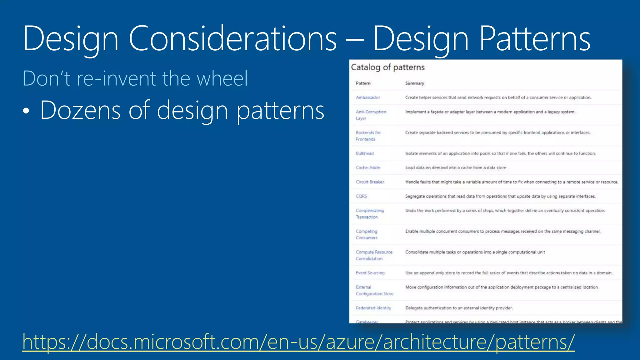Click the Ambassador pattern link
pyautogui.click(x=368, y=97)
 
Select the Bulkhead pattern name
pyautogui.click(x=365, y=153)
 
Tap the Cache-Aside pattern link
pyautogui.click(x=368, y=168)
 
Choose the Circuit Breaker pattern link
pyautogui.click(x=370, y=182)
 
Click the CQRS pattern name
pyautogui.click(x=361, y=196)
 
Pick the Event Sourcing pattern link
pyautogui.click(x=370, y=273)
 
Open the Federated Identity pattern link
pyautogui.click(x=373, y=308)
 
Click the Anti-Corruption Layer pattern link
pyautogui.click(x=371, y=115)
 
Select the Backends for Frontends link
pyautogui.click(x=368, y=136)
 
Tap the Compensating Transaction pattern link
pyautogui.click(x=370, y=214)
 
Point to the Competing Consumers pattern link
pyautogui.click(x=367, y=234)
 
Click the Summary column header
pyautogui.click(x=414, y=83)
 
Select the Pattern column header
pyautogui.click(x=363, y=83)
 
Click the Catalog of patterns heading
pyautogui.click(x=387, y=67)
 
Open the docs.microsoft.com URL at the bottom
pyautogui.click(x=298, y=342)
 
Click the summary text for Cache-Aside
pyautogui.click(x=455, y=168)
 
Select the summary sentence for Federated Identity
pyautogui.click(x=459, y=308)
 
